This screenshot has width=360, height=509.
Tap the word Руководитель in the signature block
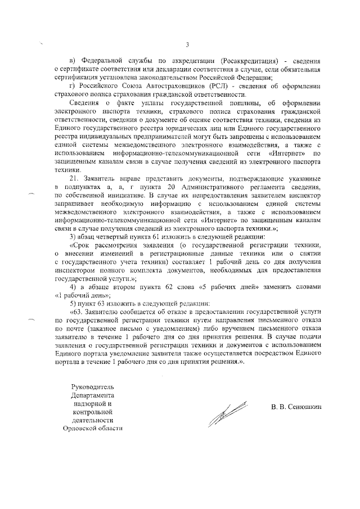pyautogui.click(x=94, y=388)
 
